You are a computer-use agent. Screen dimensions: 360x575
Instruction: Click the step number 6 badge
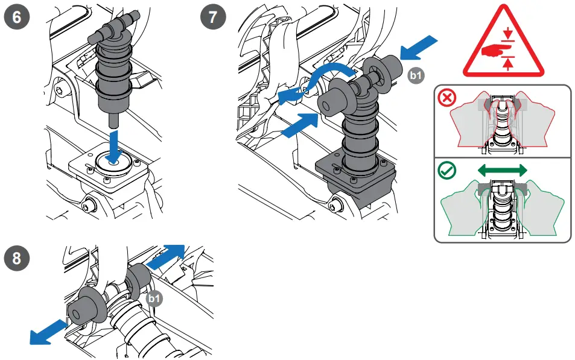tap(17, 17)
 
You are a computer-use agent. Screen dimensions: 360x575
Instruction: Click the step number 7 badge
tap(214, 17)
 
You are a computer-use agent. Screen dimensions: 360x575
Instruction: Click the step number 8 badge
tap(17, 259)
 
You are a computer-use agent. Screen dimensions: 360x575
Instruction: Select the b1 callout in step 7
tap(416, 75)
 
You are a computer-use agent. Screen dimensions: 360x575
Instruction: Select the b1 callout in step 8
tap(154, 298)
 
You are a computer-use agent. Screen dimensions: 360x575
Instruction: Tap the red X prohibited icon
tap(447, 99)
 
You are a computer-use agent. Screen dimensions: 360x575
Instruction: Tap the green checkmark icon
tap(447, 171)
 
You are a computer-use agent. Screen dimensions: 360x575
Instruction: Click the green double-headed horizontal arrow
tap(502, 171)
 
